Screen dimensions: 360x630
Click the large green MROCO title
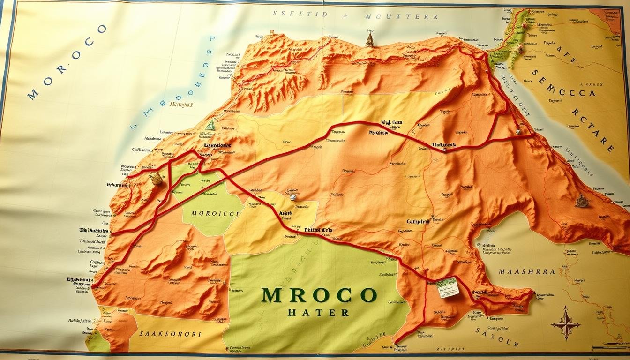click(x=319, y=295)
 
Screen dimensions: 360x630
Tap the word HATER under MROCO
click(x=318, y=313)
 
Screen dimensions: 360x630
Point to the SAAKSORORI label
click(x=170, y=334)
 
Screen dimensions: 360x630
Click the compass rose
click(x=566, y=322)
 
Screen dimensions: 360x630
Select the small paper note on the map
click(x=447, y=286)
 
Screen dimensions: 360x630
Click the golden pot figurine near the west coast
click(x=156, y=178)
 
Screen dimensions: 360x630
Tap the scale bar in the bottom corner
click(x=609, y=348)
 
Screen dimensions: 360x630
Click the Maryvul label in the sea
click(x=181, y=105)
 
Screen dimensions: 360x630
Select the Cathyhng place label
click(x=418, y=221)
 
